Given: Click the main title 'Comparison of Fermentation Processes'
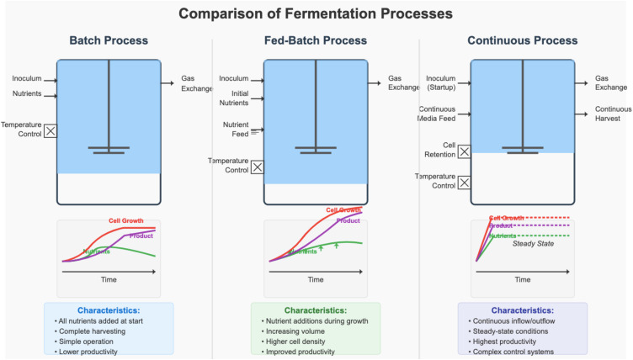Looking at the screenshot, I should click(316, 13).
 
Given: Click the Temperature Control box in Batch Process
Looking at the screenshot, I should click(50, 130).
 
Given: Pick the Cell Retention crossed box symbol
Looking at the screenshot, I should click(464, 152).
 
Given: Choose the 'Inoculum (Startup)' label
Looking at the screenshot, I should click(441, 82).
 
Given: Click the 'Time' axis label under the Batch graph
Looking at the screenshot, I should click(108, 278).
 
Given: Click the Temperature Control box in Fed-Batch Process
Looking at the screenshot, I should click(257, 167).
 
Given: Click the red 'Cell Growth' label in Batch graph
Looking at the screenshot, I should click(125, 221).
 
